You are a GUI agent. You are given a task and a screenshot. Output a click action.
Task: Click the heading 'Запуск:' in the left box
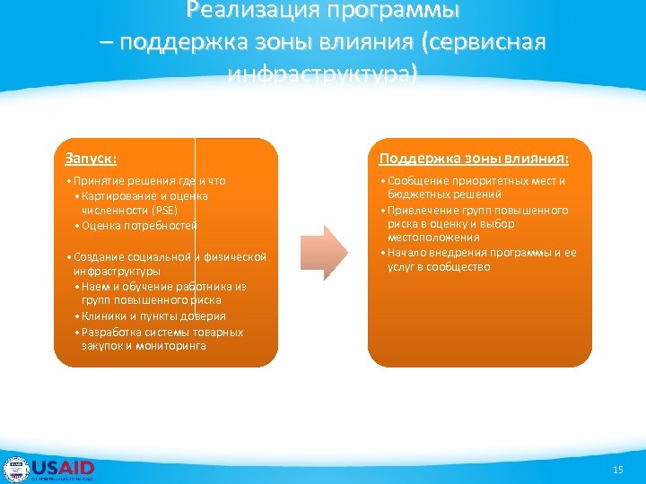click(x=91, y=159)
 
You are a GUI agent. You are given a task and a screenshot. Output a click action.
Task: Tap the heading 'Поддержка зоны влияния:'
click(x=474, y=159)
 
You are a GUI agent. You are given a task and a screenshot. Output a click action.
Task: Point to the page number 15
click(x=617, y=470)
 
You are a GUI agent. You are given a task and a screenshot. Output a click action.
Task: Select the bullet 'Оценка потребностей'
click(x=140, y=226)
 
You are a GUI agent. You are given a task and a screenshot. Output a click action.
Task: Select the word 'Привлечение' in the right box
click(x=417, y=211)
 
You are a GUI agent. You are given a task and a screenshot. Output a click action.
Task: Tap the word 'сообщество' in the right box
click(x=461, y=267)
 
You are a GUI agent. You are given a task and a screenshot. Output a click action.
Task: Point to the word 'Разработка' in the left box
click(x=111, y=333)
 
